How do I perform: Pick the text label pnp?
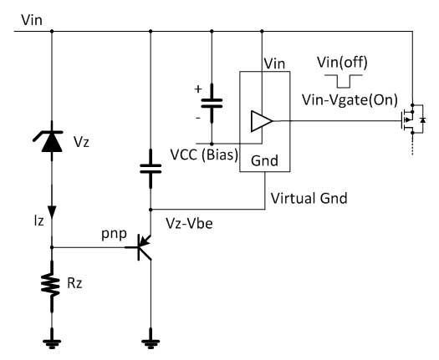113,236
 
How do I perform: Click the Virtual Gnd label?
308,200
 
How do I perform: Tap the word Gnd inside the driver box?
263,160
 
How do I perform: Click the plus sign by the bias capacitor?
199,89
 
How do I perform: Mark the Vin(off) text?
343,62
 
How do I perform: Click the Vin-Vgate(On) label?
349,99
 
